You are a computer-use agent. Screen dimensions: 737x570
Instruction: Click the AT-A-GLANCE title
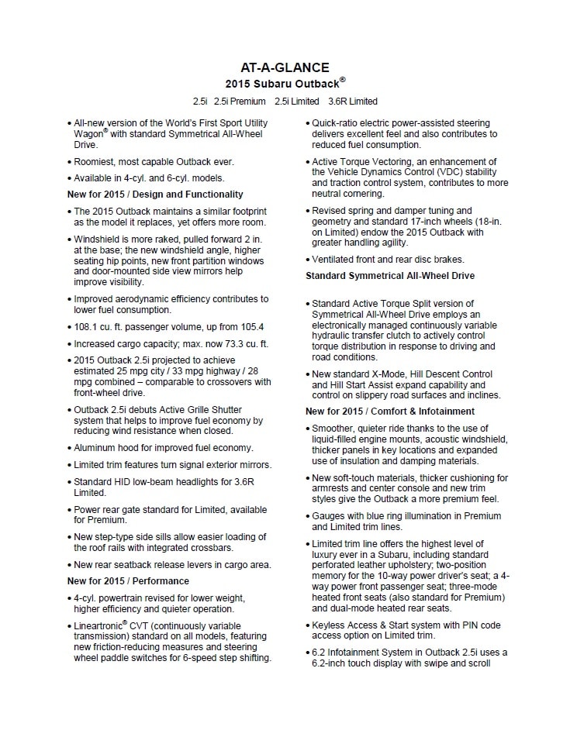[x=285, y=67]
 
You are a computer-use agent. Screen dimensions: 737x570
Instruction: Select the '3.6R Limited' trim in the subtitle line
[x=353, y=102]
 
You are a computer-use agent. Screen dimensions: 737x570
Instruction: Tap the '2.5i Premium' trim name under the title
[x=240, y=102]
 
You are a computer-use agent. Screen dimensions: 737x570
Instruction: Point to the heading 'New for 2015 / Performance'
[x=128, y=580]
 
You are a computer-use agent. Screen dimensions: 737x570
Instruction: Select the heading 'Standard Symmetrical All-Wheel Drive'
[x=390, y=276]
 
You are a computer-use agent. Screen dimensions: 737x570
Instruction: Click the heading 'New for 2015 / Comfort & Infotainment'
[x=390, y=412]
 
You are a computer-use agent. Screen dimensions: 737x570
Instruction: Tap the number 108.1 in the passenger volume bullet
[x=86, y=327]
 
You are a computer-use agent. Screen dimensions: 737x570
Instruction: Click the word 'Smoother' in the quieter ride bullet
[x=333, y=429]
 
